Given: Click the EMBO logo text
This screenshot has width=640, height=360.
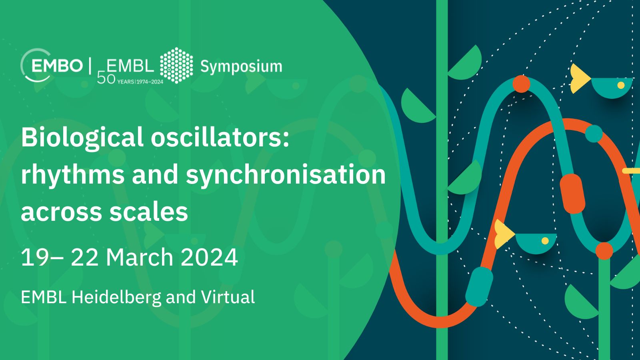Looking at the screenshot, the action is (x=57, y=66).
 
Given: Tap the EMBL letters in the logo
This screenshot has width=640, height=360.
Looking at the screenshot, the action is (x=130, y=66).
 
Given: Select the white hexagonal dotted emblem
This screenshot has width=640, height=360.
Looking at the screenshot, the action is (x=176, y=66).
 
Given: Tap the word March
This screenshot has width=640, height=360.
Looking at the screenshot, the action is (x=140, y=257).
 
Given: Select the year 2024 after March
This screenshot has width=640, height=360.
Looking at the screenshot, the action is (x=209, y=257).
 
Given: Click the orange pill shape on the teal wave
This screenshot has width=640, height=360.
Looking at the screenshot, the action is (x=572, y=194).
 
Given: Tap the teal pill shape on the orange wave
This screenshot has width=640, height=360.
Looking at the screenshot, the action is (x=479, y=286).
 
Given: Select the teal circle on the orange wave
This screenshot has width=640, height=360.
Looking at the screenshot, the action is (x=594, y=134).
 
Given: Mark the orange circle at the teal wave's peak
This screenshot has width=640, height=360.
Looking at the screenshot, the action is (x=521, y=84).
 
